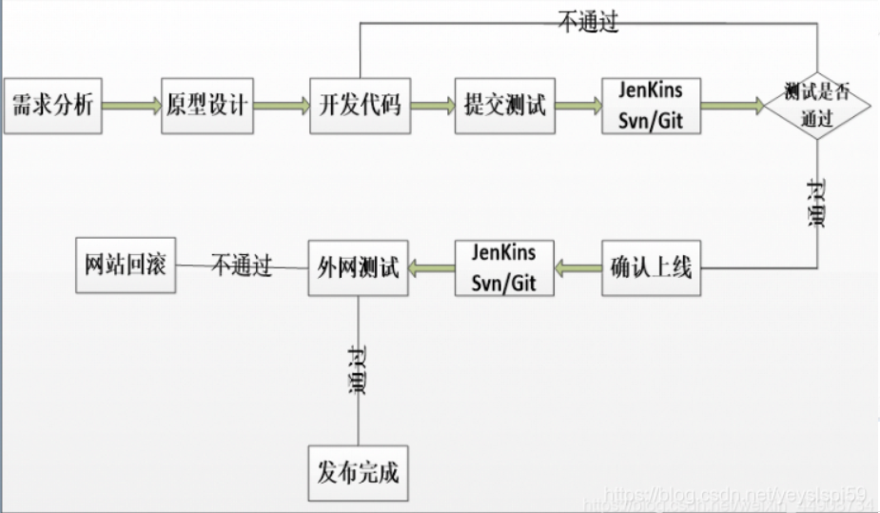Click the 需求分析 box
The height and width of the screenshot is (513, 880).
[53, 105]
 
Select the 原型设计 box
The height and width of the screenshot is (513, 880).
[206, 105]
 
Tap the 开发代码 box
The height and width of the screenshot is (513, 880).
[359, 105]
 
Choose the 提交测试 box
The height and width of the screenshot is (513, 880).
[505, 105]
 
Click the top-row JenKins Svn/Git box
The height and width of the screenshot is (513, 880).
[652, 106]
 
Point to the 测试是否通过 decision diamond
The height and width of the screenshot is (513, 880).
[818, 105]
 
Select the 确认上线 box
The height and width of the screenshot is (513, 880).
[651, 267]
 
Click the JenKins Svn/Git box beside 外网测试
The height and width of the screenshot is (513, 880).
[504, 267]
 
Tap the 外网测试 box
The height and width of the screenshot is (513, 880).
[358, 267]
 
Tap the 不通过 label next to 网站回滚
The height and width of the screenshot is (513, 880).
[242, 266]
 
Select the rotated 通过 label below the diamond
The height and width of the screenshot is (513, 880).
[816, 204]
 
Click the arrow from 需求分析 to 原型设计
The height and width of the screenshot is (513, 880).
[131, 106]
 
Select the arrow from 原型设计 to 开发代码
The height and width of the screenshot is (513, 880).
[282, 106]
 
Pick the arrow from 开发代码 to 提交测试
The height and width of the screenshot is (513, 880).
[432, 106]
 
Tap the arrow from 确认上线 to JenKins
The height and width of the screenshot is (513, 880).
[578, 268]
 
